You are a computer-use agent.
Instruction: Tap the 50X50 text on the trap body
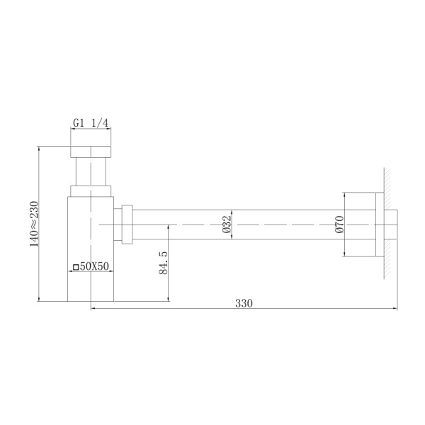93,267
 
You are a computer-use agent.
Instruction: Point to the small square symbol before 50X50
76,268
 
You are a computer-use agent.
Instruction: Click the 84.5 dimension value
163,263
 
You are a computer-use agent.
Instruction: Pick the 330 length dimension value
244,302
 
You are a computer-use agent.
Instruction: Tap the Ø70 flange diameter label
339,224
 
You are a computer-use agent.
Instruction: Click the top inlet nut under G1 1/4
91,152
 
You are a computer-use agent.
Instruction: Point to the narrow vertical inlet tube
91,171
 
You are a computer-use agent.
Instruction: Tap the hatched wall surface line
387,224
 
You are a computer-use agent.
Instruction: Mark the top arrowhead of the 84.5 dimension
169,227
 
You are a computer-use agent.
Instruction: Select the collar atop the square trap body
91,190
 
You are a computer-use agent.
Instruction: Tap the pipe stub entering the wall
390,224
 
